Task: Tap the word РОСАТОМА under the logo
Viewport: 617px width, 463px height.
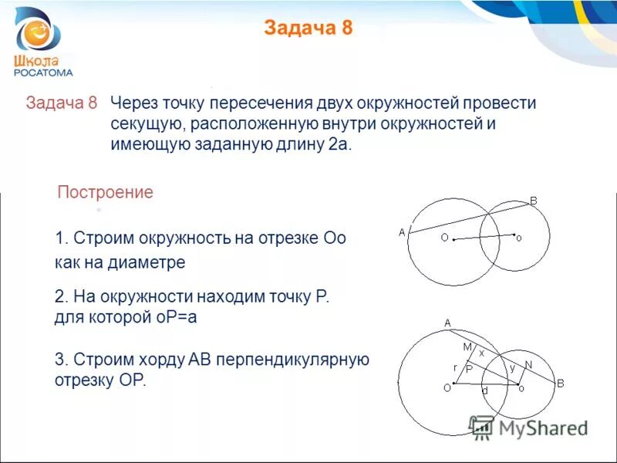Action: [x=43, y=73]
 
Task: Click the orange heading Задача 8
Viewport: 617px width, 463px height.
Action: [x=308, y=29]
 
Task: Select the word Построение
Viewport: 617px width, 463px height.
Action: [x=106, y=193]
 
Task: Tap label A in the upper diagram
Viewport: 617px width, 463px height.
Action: [x=401, y=231]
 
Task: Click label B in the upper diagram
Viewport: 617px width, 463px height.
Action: [x=533, y=201]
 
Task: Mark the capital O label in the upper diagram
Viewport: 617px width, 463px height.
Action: [x=444, y=238]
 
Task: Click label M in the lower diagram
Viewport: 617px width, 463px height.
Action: [x=467, y=347]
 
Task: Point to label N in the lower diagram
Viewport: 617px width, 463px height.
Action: [x=528, y=364]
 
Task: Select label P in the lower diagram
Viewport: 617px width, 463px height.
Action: [x=468, y=370]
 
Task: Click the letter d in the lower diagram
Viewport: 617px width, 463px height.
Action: [x=484, y=391]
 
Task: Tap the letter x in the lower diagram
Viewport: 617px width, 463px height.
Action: [x=482, y=352]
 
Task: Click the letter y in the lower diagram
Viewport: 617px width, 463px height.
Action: [x=511, y=368]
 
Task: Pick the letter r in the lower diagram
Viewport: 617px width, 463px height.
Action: [x=455, y=367]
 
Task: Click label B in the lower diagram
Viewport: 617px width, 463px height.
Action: [x=561, y=384]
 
